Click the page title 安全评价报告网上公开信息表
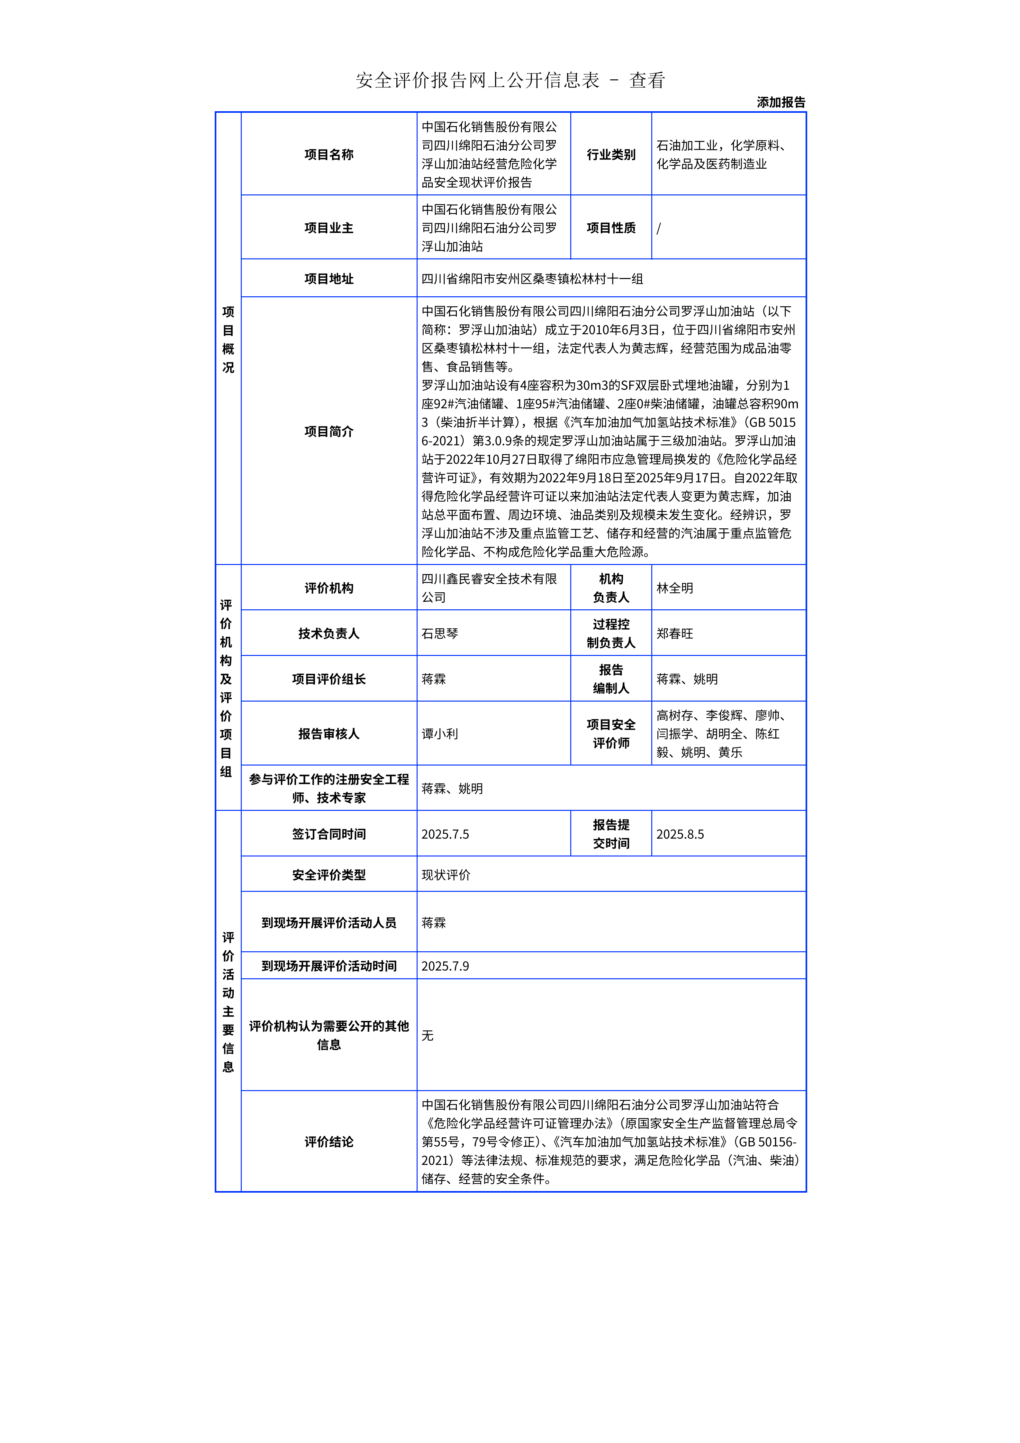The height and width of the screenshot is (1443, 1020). pyautogui.click(x=478, y=80)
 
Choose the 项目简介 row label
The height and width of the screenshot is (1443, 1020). pyautogui.click(x=329, y=431)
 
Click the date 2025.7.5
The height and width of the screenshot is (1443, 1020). pyautogui.click(x=445, y=834)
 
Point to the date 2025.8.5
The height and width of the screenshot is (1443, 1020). pyautogui.click(x=680, y=834)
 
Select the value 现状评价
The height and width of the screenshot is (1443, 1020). pyautogui.click(x=446, y=875)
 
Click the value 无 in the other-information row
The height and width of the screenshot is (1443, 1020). pyautogui.click(x=427, y=1035)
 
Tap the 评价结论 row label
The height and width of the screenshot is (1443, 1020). pyautogui.click(x=329, y=1141)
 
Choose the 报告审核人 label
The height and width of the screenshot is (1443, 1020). pyautogui.click(x=329, y=733)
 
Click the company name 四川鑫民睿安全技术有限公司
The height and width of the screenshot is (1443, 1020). pyautogui.click(x=489, y=587)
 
